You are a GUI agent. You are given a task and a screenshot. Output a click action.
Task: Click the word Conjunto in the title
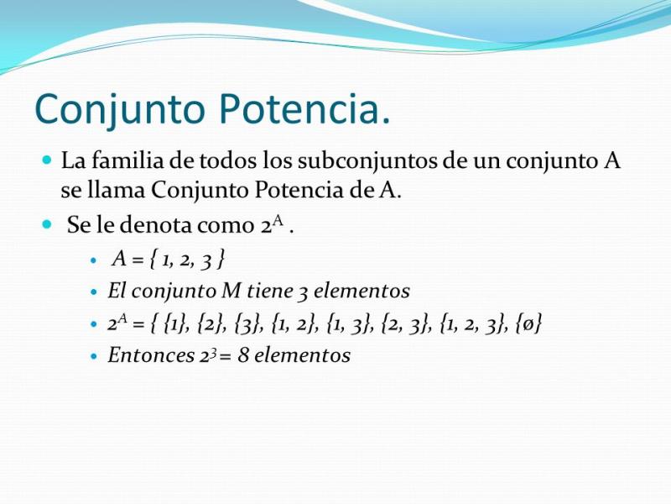click(120, 110)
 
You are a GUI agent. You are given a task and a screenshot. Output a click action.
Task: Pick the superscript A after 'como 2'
click(278, 221)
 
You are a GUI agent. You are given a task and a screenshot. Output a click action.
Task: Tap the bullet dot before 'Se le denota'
click(47, 224)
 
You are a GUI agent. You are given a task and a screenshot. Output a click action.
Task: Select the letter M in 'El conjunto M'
click(232, 291)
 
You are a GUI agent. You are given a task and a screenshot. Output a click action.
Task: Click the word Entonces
click(151, 355)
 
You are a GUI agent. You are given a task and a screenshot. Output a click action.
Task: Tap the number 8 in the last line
click(243, 355)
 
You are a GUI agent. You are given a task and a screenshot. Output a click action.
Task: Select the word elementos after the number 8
click(303, 355)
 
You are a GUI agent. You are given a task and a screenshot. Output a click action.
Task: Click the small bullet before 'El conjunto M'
click(95, 292)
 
